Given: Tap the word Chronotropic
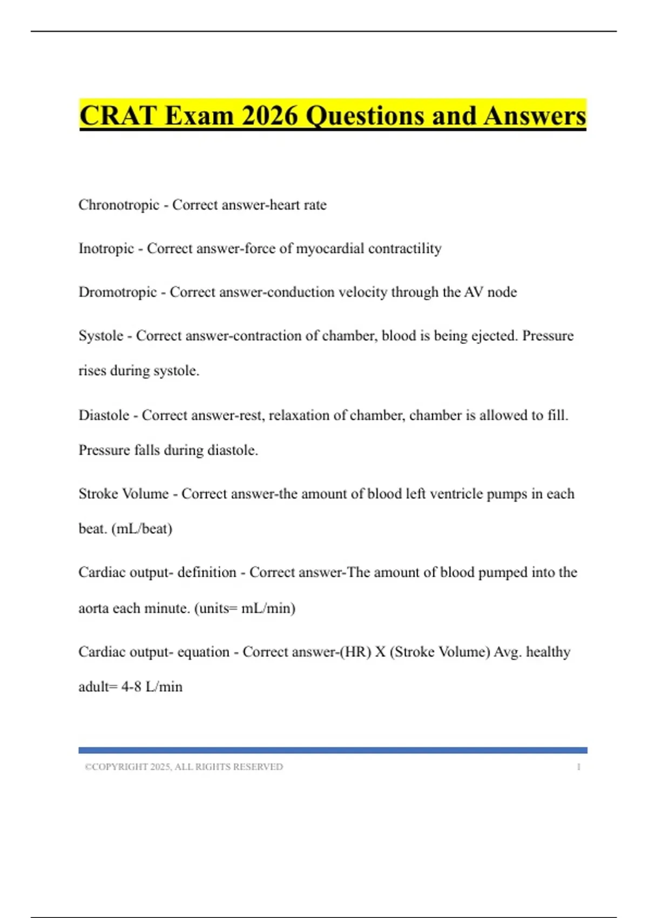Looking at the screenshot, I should pyautogui.click(x=119, y=205).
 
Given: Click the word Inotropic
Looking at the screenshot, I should pyautogui.click(x=106, y=248).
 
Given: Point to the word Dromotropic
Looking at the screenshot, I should pyautogui.click(x=118, y=292).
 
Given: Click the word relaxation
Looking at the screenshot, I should pyautogui.click(x=299, y=415).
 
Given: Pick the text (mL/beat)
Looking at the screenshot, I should pyautogui.click(x=142, y=529).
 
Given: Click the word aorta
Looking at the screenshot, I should pyautogui.click(x=93, y=609).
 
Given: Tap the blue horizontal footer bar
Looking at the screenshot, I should pyautogui.click(x=333, y=750).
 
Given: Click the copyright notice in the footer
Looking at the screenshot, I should pyautogui.click(x=184, y=767).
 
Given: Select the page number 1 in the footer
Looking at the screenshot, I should pyautogui.click(x=578, y=767).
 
